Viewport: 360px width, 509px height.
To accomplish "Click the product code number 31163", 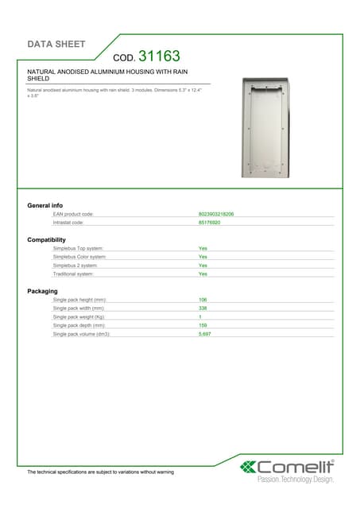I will click(159, 56).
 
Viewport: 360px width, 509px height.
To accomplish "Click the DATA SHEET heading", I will click(56, 44).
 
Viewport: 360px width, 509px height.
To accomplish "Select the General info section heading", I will click(45, 206).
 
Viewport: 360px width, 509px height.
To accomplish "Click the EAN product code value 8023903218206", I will click(215, 215).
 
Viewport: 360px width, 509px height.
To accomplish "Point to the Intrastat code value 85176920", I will click(209, 223).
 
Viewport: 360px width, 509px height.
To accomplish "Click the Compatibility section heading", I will click(47, 239).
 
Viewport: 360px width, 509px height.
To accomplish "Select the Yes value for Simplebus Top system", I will click(203, 249).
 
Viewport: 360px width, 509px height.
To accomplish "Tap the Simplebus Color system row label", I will click(79, 257).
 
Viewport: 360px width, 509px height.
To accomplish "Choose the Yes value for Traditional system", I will click(203, 274).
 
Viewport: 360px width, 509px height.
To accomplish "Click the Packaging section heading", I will click(42, 291).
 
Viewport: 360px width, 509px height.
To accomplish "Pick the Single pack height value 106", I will click(203, 300).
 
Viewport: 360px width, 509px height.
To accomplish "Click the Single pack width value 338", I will click(203, 308).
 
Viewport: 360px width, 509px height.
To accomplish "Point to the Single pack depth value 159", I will click(203, 325).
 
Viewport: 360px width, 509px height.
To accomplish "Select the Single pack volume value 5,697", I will click(204, 334).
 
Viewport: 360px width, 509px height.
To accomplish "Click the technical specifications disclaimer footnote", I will click(100, 472).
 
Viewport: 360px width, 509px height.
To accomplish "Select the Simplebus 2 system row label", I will click(75, 266).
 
